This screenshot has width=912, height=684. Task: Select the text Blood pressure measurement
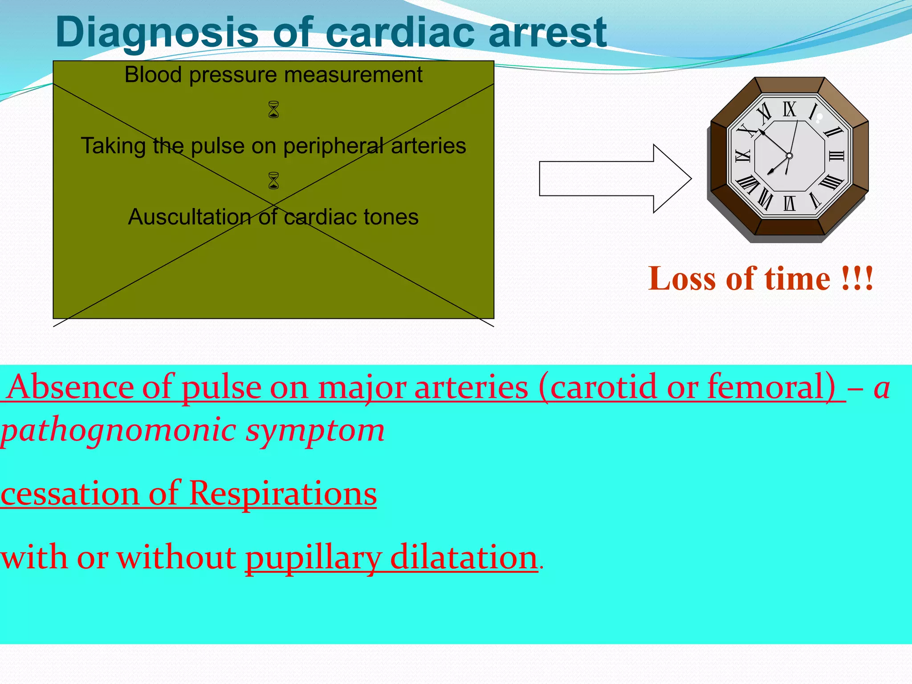coord(273,75)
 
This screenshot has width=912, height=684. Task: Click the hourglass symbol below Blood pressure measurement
coord(273,110)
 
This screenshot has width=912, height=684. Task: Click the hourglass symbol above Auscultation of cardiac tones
coord(273,181)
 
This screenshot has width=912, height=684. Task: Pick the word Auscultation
coord(189,217)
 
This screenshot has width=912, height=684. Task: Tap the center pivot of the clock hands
coord(789,156)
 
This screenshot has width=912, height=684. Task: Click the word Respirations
coord(283,494)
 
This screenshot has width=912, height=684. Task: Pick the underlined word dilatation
coord(463,558)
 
